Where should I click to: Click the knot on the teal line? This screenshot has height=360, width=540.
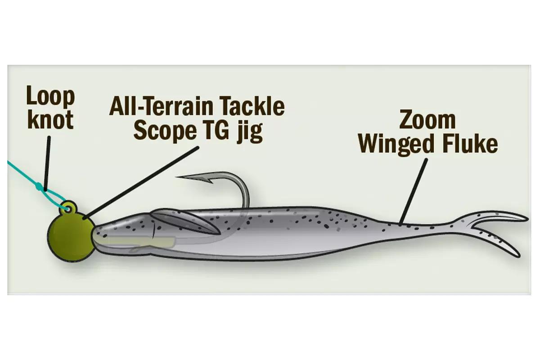(38, 186)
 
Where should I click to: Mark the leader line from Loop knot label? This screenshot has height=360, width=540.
(47, 164)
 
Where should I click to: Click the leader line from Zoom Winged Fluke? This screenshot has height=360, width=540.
(413, 192)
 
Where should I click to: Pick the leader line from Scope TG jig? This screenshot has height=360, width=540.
(141, 183)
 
